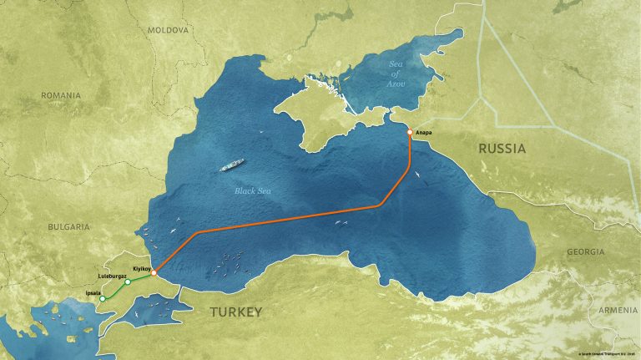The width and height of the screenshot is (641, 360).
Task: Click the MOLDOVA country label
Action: [x=168, y=29]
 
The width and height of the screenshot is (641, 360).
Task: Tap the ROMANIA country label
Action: [x=61, y=95]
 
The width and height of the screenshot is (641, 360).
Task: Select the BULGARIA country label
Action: [x=68, y=226]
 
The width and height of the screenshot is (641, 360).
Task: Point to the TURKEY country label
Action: [x=230, y=312]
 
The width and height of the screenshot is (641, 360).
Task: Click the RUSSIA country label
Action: [x=502, y=149]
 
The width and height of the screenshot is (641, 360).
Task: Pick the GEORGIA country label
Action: [x=585, y=251]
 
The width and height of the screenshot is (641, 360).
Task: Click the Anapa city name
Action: [x=426, y=132]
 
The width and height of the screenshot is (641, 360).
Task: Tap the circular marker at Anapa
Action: [x=410, y=132]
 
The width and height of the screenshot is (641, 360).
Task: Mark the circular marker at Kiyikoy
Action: [x=154, y=272]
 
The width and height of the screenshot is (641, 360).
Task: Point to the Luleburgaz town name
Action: [x=111, y=276]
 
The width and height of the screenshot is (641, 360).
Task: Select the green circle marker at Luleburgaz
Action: [x=127, y=282]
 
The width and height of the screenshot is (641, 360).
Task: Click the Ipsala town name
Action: [x=93, y=292]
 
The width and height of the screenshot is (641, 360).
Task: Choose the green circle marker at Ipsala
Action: [x=102, y=298]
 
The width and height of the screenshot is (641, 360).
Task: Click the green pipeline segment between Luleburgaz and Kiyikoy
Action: [x=140, y=277]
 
